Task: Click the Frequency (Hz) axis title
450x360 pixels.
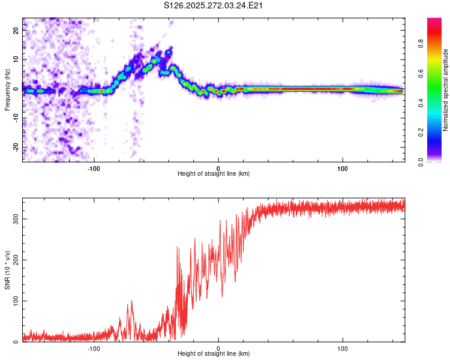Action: [8, 89]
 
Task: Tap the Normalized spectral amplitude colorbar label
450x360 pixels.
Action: [446, 90]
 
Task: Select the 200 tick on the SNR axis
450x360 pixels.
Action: [14, 260]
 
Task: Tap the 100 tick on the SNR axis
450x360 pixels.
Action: [14, 301]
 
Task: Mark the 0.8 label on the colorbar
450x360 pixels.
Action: [437, 43]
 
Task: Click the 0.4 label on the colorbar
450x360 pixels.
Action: [437, 103]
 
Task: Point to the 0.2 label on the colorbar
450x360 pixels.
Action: [437, 132]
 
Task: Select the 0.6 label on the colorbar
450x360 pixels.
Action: [437, 73]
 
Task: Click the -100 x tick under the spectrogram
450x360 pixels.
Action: [94, 167]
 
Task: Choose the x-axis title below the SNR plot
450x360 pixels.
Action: [214, 354]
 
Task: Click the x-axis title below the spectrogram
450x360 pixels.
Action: [214, 173]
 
